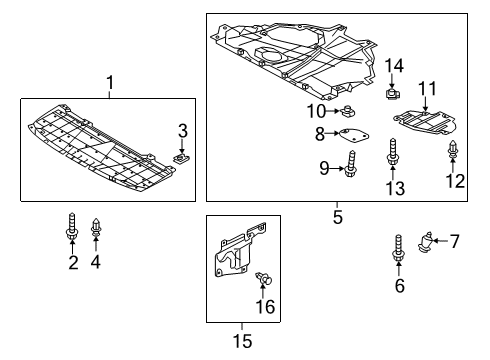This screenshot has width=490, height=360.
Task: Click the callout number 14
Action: [394, 66]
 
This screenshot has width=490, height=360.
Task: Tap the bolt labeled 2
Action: [72, 226]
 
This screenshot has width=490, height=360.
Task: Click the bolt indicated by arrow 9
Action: [350, 164]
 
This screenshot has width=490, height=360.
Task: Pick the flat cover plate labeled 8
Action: [354, 135]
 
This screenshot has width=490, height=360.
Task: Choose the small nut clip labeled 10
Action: [347, 111]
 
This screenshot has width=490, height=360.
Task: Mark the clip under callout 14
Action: [392, 93]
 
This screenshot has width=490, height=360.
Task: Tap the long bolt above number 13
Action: [392, 152]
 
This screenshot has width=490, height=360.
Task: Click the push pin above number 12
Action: [452, 149]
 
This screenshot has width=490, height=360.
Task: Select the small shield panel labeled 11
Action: [425, 122]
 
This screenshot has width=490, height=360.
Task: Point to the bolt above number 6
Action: [399, 248]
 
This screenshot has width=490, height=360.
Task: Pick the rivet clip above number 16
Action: [264, 278]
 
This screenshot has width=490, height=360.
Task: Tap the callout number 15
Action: [242, 341]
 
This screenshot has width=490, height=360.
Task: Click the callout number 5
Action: [337, 218]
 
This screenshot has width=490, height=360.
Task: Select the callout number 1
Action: [110, 83]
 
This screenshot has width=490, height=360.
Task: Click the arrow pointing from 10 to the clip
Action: [333, 111]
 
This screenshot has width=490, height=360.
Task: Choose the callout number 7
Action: [454, 241]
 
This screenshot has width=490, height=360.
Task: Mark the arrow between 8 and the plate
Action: [332, 133]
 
